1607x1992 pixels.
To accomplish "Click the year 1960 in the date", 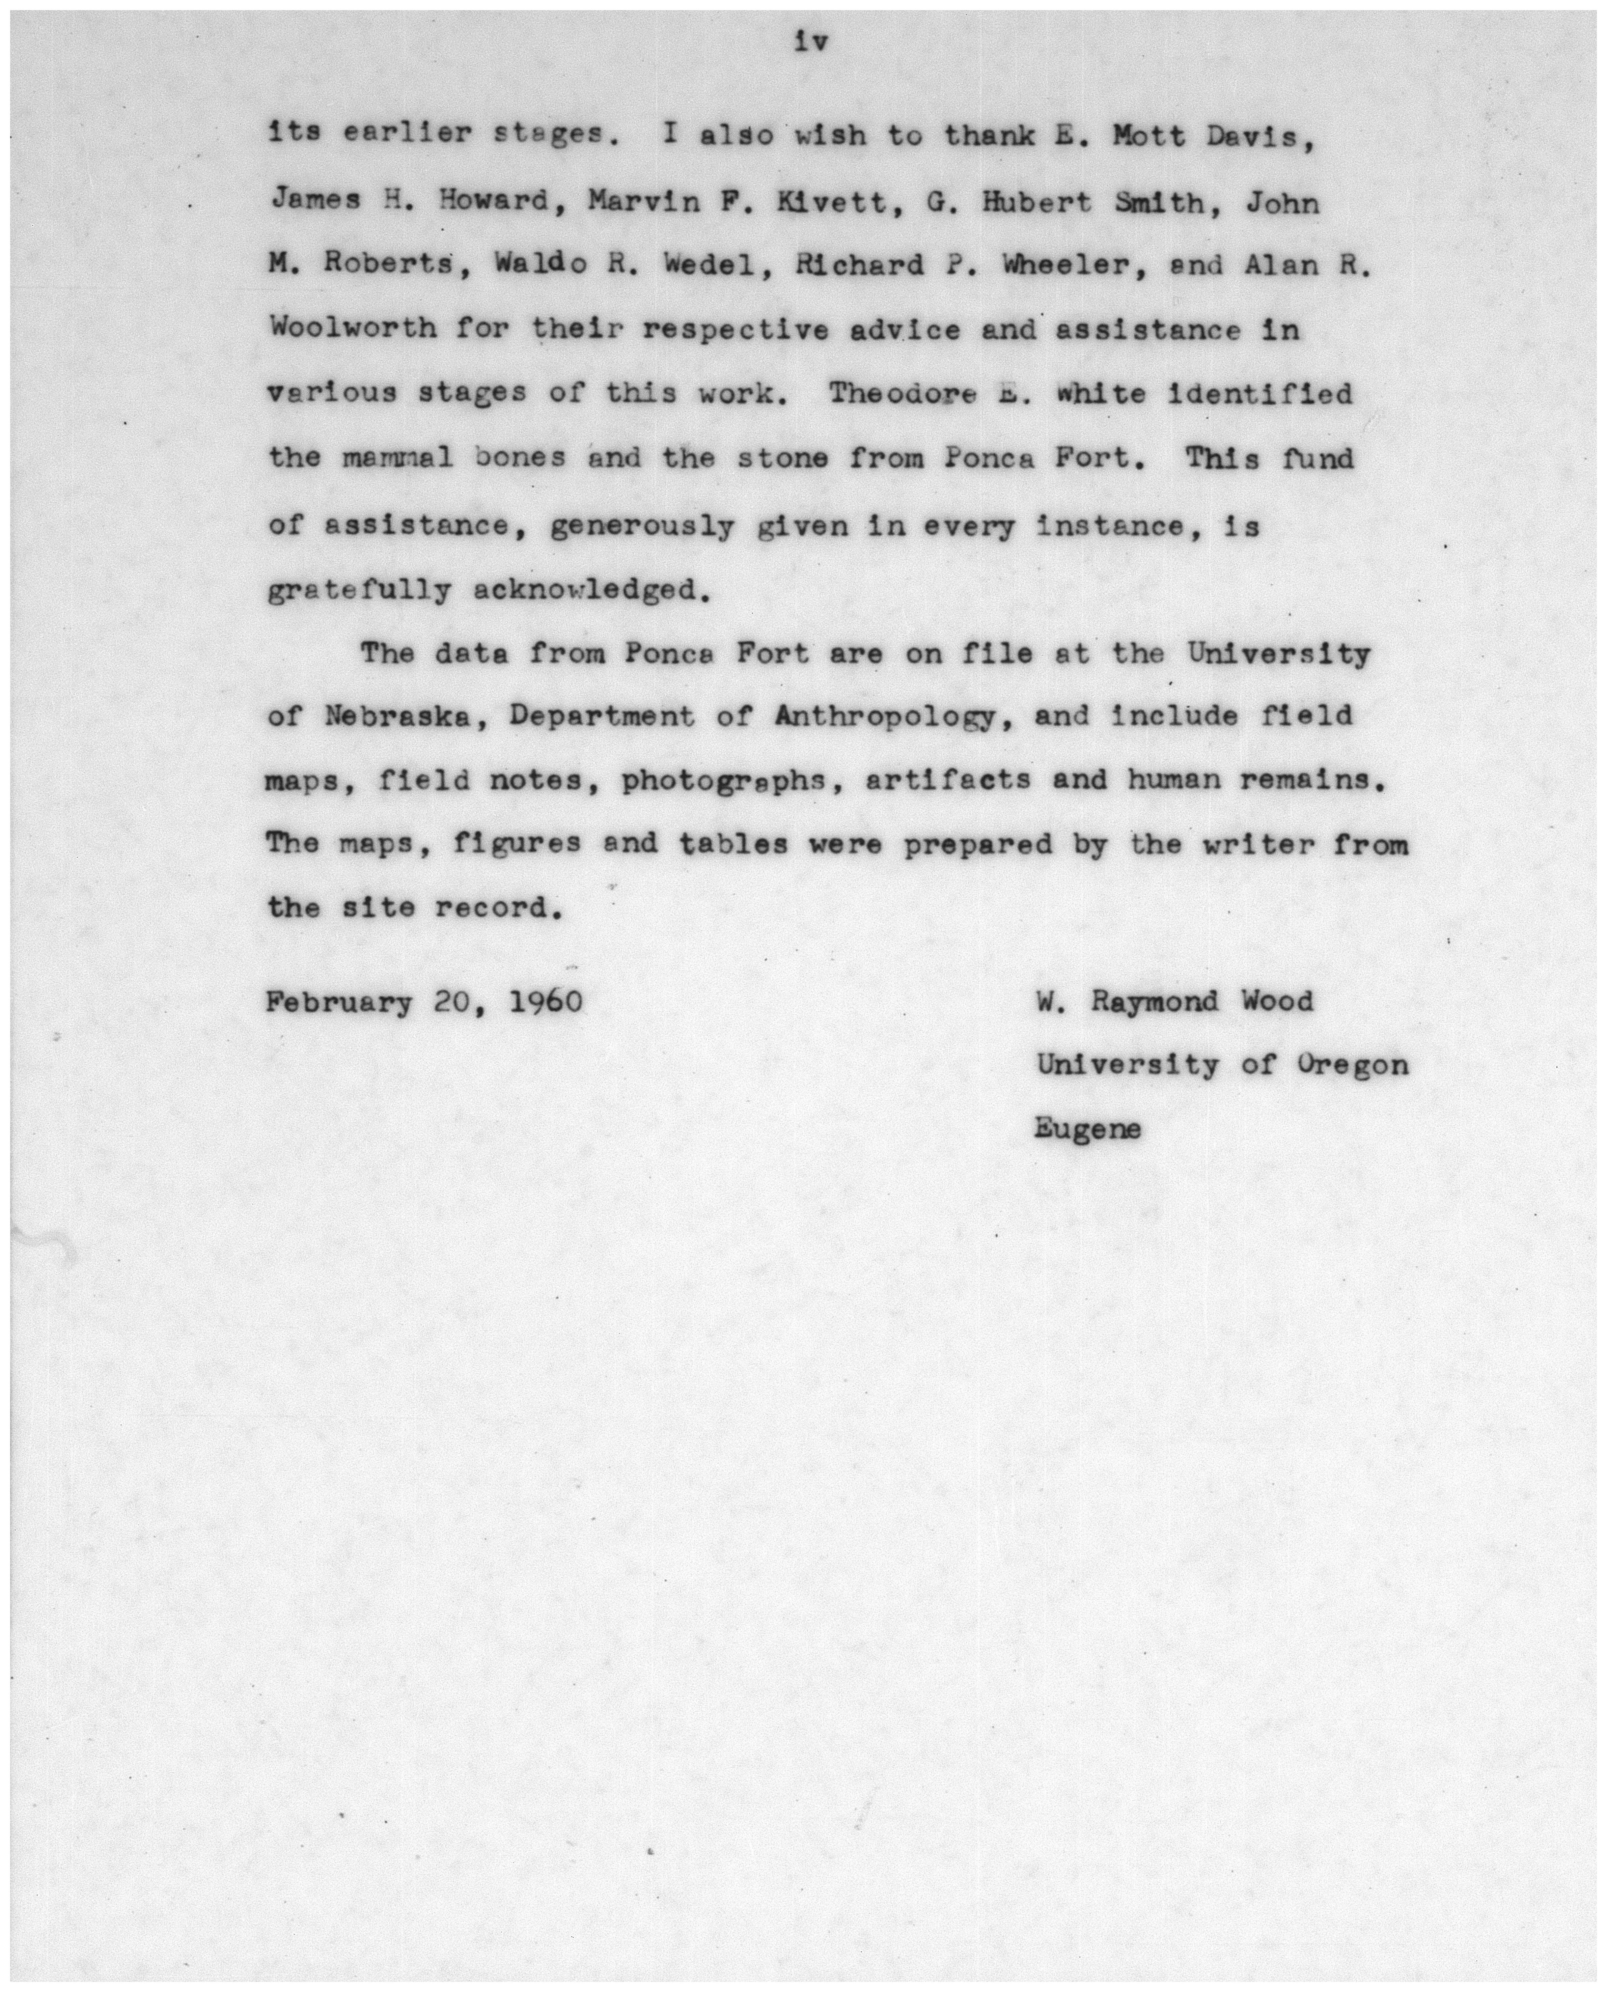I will point(546,1003).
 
